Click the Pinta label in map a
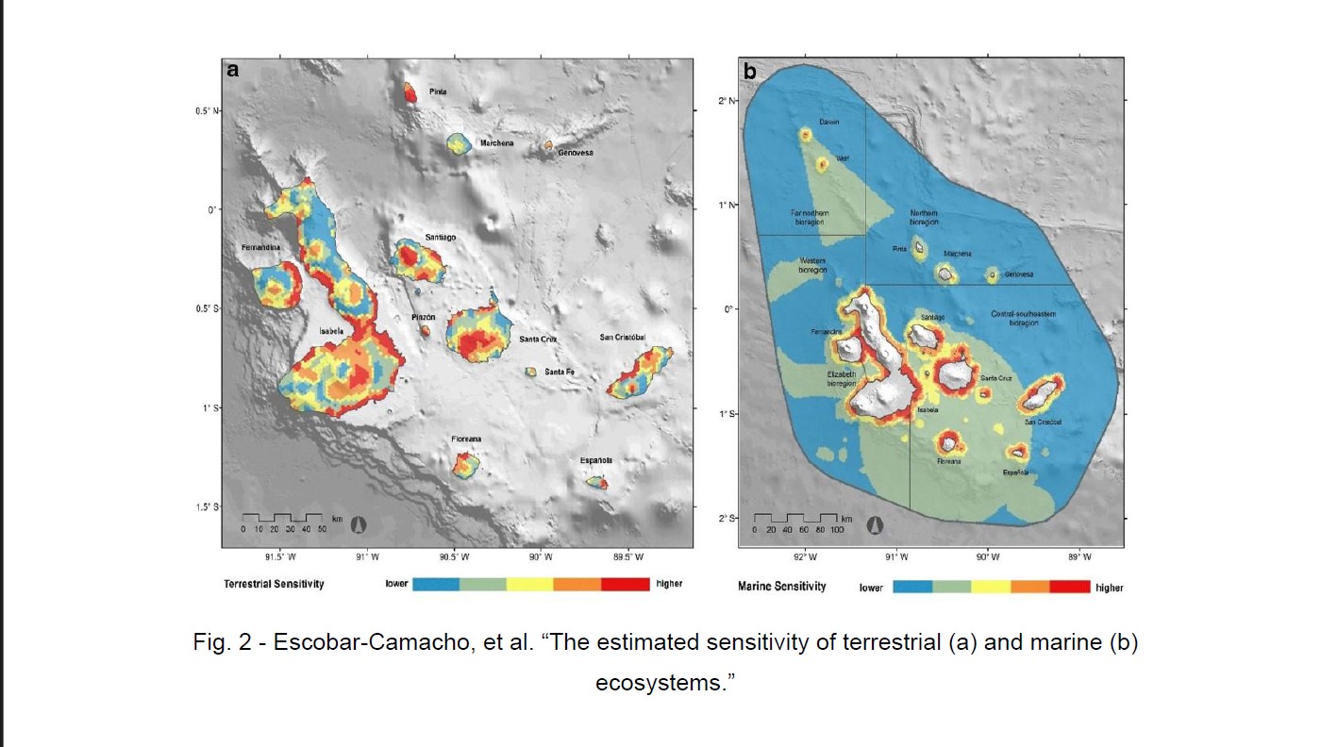[x=438, y=92]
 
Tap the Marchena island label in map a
[x=497, y=143]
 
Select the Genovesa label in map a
[x=575, y=152]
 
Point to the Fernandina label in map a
[x=261, y=247]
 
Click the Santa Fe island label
[x=560, y=372]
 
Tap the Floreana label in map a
[x=466, y=440]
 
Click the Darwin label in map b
[x=828, y=122]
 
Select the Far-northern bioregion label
[x=810, y=218]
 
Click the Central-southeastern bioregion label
[x=1024, y=318]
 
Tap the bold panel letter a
[x=232, y=70]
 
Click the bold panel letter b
[x=750, y=72]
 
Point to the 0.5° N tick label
[x=207, y=111]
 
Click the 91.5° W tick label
[x=280, y=557]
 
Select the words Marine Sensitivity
[x=781, y=587]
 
